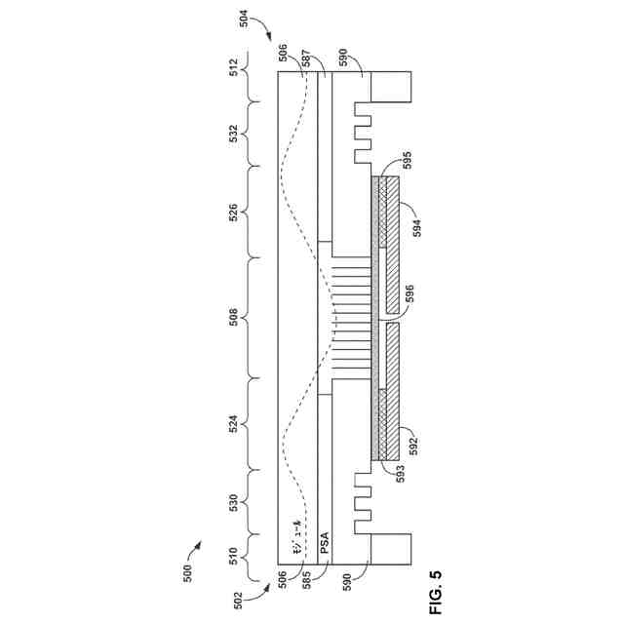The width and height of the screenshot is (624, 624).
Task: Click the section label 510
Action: [x=232, y=558]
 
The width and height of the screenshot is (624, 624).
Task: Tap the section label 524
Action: [x=232, y=424]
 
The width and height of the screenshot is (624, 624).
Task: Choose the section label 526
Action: [x=232, y=211]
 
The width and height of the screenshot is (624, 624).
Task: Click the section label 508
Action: [x=232, y=317]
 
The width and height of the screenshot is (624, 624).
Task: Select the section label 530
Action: [x=232, y=503]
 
